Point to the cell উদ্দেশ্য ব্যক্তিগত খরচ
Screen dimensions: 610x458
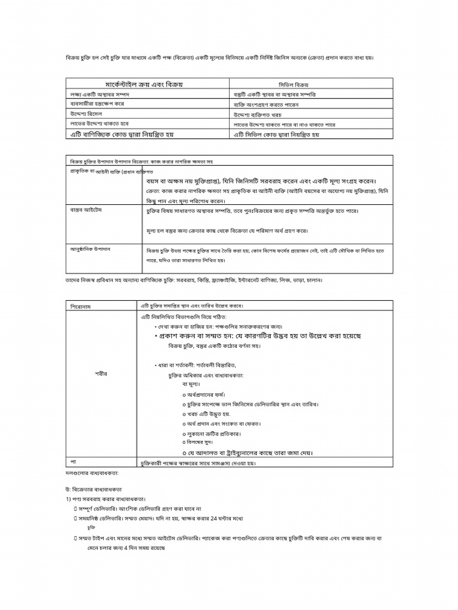point(257,114)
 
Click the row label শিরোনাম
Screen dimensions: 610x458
point(83,306)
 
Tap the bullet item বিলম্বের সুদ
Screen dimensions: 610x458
point(201,443)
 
